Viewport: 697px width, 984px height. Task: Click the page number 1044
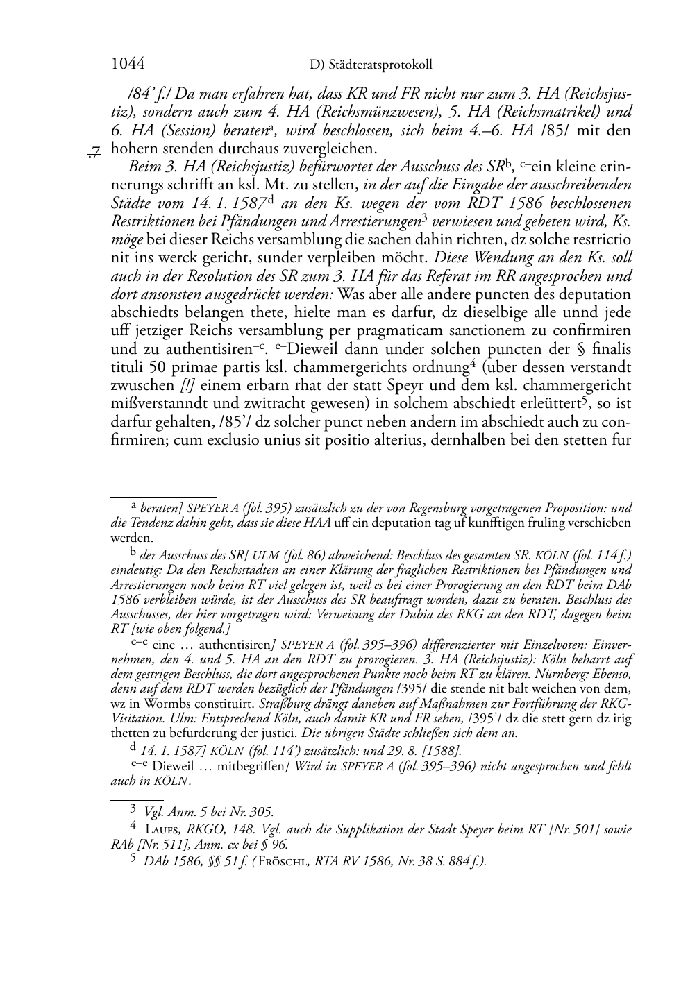point(128,65)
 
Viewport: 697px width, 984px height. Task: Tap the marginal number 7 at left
point(96,149)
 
